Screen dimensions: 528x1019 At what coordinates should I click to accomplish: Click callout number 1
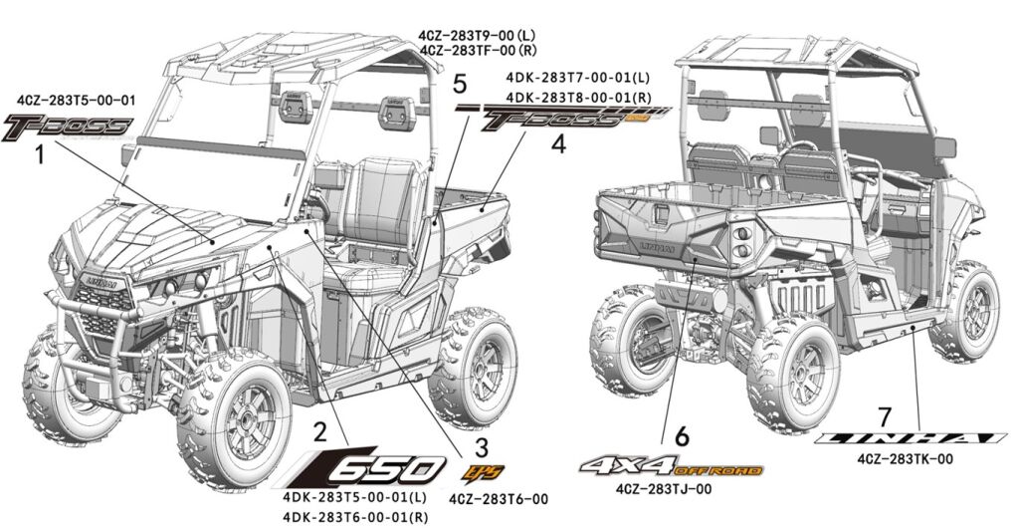click(38, 155)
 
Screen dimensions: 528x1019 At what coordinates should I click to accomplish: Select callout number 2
click(319, 431)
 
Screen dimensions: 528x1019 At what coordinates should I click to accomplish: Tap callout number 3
click(482, 442)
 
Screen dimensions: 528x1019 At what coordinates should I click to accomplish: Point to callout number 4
click(558, 144)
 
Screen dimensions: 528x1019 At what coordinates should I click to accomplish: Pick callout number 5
click(459, 81)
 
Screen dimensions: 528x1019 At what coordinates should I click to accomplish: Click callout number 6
click(681, 435)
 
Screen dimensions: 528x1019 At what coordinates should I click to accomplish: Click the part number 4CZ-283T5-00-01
click(77, 101)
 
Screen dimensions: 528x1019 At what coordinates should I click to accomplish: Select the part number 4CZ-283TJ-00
click(663, 488)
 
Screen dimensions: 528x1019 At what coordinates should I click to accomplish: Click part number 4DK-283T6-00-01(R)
click(355, 516)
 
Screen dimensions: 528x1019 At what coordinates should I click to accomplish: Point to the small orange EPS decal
click(481, 468)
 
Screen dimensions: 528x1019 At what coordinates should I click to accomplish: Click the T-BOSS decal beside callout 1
click(68, 125)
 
